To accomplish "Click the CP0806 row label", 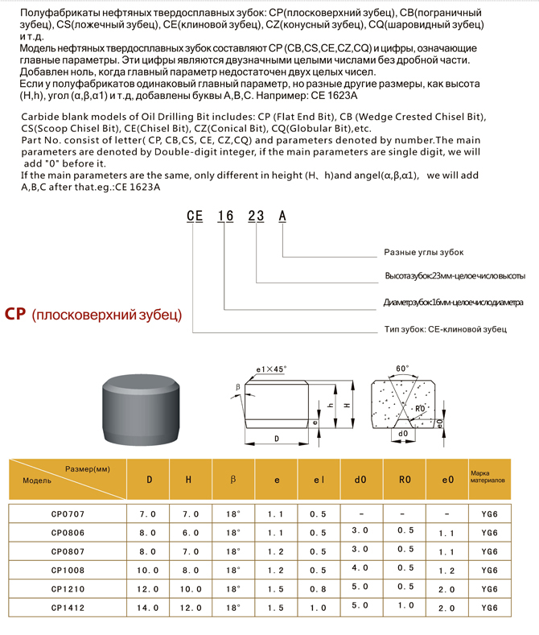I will pyautogui.click(x=68, y=532).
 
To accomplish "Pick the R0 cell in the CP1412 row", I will pyautogui.click(x=406, y=605).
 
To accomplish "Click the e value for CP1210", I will pyautogui.click(x=276, y=589).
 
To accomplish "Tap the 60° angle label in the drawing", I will pyautogui.click(x=402, y=369).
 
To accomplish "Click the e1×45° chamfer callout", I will pyautogui.click(x=271, y=369).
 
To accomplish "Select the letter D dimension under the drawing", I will pyautogui.click(x=277, y=439).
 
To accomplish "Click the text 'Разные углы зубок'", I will pyautogui.click(x=424, y=252).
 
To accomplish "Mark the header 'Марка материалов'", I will pyautogui.click(x=488, y=476).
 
